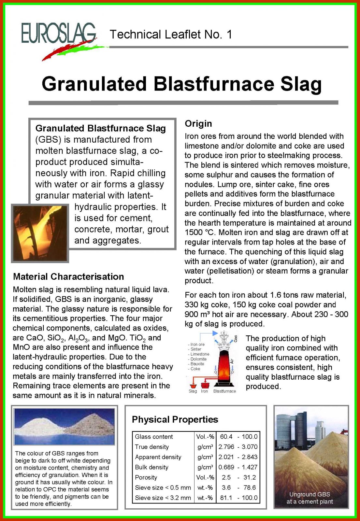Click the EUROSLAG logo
[x=59, y=34]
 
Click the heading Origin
[x=198, y=124]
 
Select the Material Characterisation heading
[x=68, y=277]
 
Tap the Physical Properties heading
[x=175, y=419]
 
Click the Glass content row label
[x=154, y=437]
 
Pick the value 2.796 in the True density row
[x=226, y=447]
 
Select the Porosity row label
[x=146, y=477]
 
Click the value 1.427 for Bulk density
[x=250, y=467]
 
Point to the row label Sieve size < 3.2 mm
[x=163, y=498]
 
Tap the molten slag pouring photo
[x=40, y=233]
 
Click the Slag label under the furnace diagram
[x=193, y=391]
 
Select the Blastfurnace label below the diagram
[x=224, y=391]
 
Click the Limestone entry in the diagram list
[x=200, y=354]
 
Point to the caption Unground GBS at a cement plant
[x=310, y=498]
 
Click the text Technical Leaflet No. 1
[x=171, y=35]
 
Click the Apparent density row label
[x=158, y=457]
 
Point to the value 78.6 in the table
[x=249, y=487]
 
